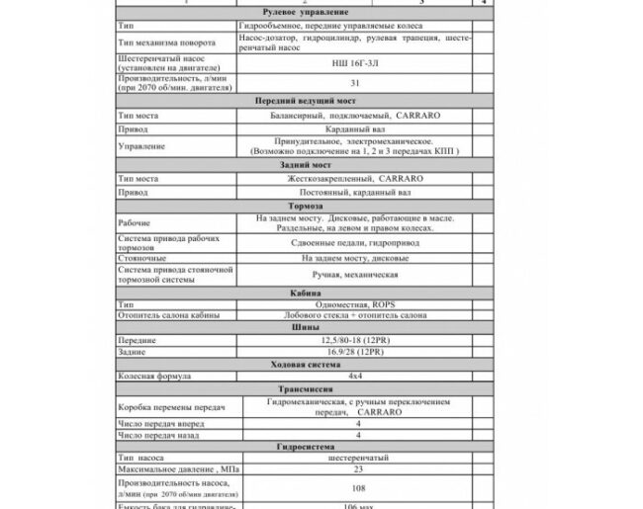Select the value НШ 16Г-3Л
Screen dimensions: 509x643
(x=353, y=61)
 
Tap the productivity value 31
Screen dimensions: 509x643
(x=353, y=84)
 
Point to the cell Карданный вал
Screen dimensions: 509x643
(x=353, y=127)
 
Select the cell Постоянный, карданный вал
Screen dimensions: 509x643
(x=353, y=191)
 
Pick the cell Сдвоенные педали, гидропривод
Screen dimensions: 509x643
(x=353, y=241)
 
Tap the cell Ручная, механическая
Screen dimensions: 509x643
(x=353, y=275)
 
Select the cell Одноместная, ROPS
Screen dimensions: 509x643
(x=353, y=304)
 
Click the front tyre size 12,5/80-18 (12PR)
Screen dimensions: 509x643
(x=353, y=340)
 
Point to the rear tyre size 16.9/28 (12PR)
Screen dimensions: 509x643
(x=353, y=352)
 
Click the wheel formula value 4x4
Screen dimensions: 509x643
(x=353, y=377)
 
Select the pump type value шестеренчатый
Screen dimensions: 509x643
(x=353, y=459)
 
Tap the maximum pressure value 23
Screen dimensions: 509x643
(x=353, y=469)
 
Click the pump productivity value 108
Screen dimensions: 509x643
(x=353, y=487)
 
